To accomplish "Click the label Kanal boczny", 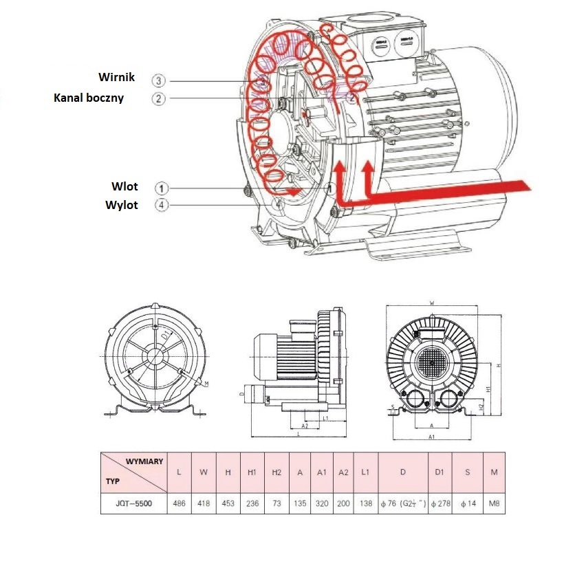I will pyautogui.click(x=89, y=98).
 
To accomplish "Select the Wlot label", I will pyautogui.click(x=124, y=186).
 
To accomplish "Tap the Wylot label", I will pyautogui.click(x=121, y=205).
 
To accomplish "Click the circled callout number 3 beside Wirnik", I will pyautogui.click(x=160, y=80).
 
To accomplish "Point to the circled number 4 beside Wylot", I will pyautogui.click(x=160, y=205).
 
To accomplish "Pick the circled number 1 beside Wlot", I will pyautogui.click(x=160, y=187).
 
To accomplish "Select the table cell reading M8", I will pyautogui.click(x=494, y=503).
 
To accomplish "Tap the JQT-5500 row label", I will pyautogui.click(x=133, y=503).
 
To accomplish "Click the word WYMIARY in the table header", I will pyautogui.click(x=144, y=461).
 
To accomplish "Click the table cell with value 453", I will pyautogui.click(x=227, y=503).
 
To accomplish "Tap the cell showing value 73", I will pyautogui.click(x=276, y=503).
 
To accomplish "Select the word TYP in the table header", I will pyautogui.click(x=113, y=481).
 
